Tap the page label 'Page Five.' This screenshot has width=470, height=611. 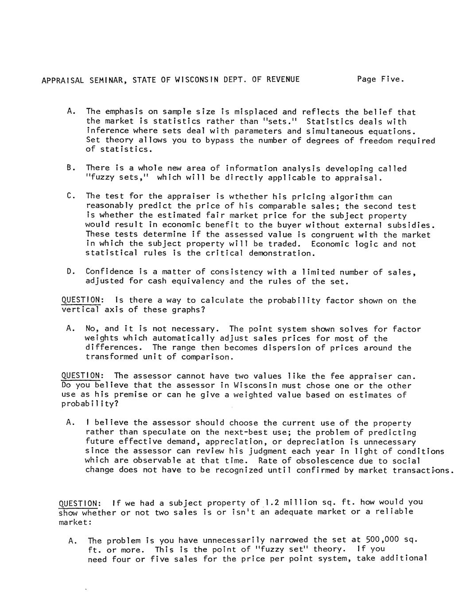[381, 80]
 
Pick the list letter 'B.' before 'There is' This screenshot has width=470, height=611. [70, 168]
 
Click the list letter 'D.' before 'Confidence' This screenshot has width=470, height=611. [70, 272]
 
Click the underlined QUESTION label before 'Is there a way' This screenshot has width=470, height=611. [81, 301]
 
